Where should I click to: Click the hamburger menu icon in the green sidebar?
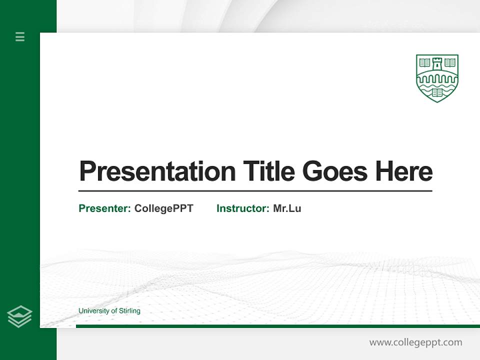point(20,36)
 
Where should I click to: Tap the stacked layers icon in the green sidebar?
point(19,316)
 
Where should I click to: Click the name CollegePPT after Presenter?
point(163,208)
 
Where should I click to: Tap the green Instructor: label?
point(243,208)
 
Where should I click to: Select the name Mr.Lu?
point(287,208)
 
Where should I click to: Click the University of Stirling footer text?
point(109,311)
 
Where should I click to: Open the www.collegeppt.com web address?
point(415,342)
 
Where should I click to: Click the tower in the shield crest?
point(437,63)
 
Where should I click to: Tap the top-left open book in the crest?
point(425,62)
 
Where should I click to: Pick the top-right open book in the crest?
point(450,62)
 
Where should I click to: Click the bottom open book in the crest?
point(437,92)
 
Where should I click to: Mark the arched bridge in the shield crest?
point(437,78)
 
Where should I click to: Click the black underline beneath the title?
point(255,190)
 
